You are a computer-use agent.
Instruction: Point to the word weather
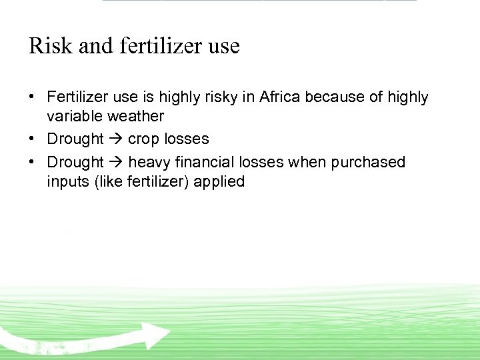pos(133,116)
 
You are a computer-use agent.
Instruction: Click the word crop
pos(142,139)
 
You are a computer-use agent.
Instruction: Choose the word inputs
pos(65,181)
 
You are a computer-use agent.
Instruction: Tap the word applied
pos(219,181)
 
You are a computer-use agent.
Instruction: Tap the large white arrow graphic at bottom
pos(93,338)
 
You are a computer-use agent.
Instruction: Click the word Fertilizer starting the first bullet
pos(77,97)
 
